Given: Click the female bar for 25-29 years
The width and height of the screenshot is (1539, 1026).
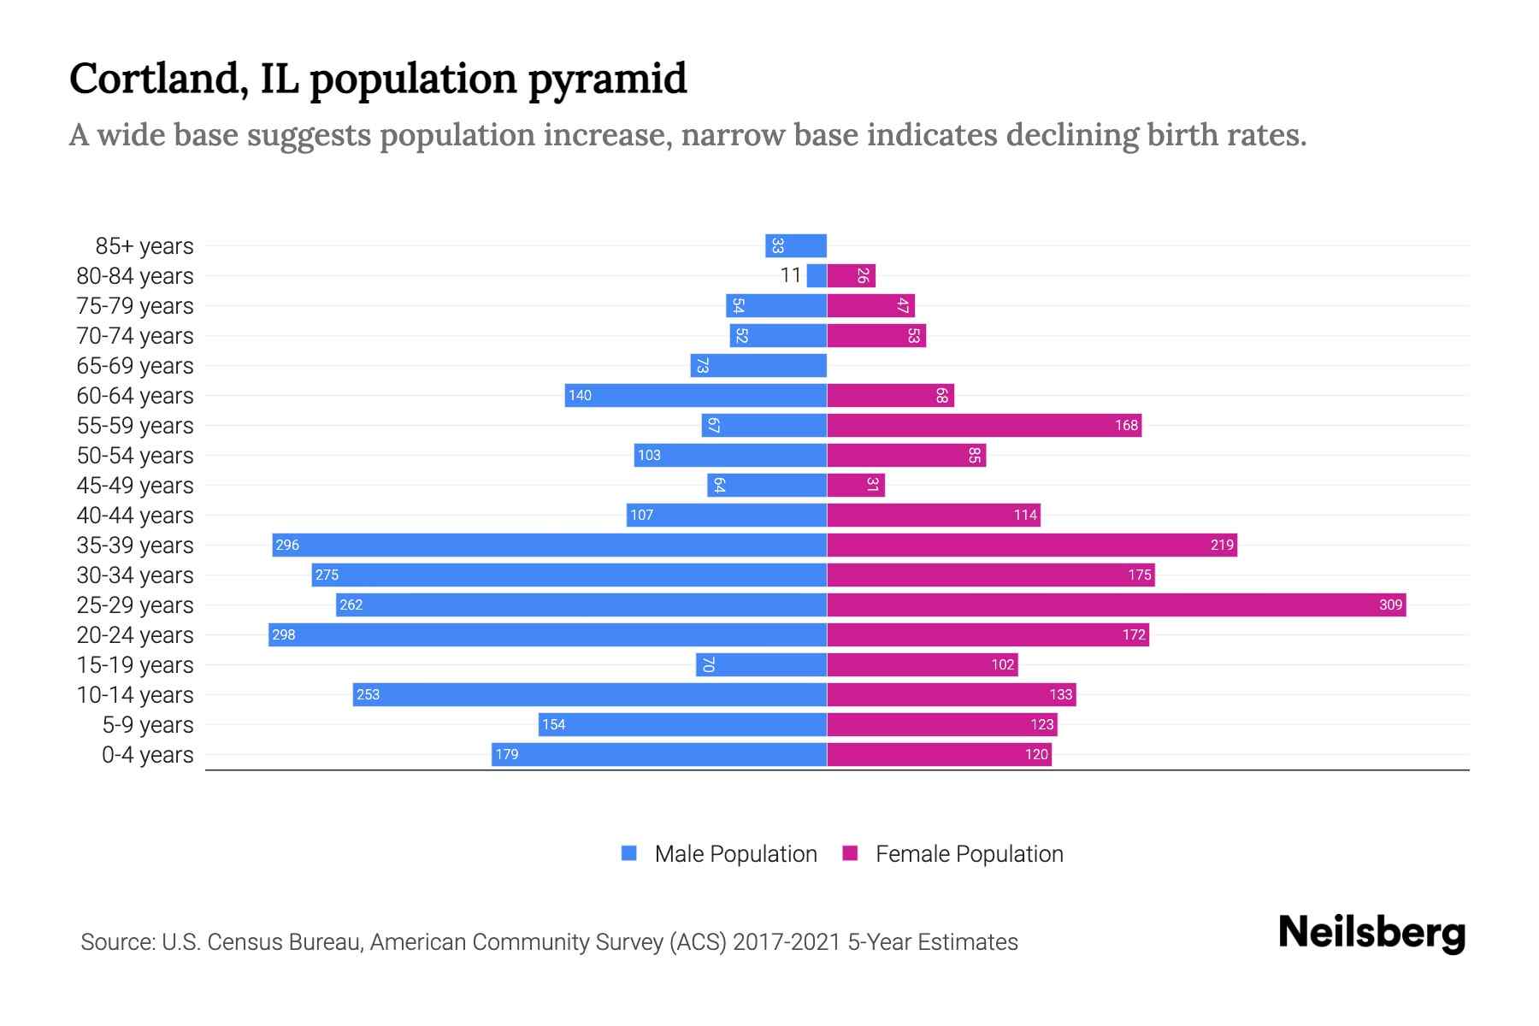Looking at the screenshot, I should pos(1116,604).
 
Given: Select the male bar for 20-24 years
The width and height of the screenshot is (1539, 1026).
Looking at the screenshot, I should pos(547,634).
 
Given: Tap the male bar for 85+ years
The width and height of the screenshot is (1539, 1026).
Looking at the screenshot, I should pos(796,245).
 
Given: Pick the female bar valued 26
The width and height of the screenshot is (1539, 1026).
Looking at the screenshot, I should pos(852,275).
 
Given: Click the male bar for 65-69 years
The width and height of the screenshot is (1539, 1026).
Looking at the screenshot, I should pos(758,365).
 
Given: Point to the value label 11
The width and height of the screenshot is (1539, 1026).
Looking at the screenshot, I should pos(791,275).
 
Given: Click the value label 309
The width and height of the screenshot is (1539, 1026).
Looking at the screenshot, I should pos(1390,604).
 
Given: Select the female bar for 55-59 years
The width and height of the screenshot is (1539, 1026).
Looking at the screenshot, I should pos(983,425).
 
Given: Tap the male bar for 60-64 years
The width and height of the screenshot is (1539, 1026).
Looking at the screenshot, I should pos(695,395).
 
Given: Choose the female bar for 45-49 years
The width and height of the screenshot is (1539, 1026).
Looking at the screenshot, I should pos(856,485).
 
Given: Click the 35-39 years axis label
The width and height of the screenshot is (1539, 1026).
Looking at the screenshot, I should pos(135,545).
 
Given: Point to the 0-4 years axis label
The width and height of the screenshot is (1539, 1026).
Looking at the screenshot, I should pos(147,754).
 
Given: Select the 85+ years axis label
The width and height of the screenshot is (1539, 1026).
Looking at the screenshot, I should pos(144,245).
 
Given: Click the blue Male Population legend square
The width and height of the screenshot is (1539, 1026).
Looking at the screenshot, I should pos(629,853).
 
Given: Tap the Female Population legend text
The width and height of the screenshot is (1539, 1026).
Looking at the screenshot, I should pos(969,853).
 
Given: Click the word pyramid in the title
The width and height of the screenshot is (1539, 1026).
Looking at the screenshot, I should pos(607,79).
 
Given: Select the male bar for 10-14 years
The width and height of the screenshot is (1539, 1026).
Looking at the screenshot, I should pos(590,694).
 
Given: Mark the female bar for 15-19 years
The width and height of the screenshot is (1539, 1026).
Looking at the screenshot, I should pos(923,664).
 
